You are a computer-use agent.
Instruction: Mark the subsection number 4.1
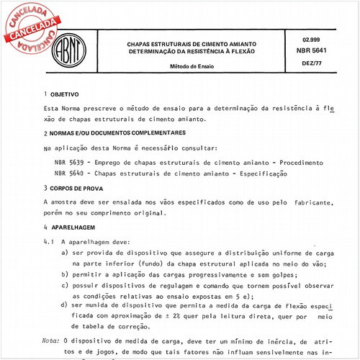[x=49, y=243]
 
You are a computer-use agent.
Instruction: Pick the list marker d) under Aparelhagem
[x=65, y=306]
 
